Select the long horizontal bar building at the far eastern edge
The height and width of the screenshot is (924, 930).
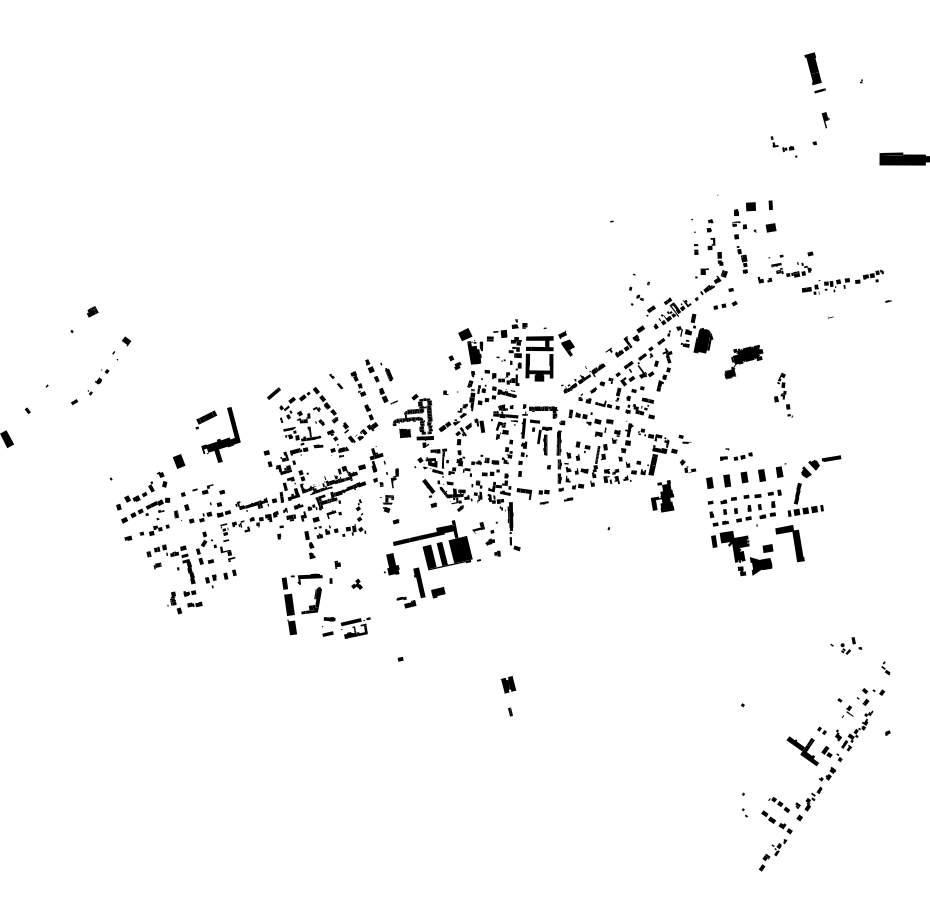(x=903, y=159)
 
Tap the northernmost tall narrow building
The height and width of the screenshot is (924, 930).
(x=812, y=69)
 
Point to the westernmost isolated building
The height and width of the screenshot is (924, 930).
(x=7, y=438)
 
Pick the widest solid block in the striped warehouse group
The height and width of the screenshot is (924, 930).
(x=460, y=550)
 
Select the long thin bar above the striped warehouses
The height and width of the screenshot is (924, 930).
(x=424, y=535)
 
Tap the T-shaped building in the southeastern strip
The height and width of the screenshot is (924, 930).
(x=803, y=749)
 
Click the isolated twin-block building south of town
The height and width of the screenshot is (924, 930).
(x=509, y=684)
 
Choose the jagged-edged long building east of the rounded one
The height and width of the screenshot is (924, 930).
(x=747, y=354)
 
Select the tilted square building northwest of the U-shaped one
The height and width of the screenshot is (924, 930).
(x=465, y=335)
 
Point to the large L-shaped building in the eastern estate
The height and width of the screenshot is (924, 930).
(x=797, y=543)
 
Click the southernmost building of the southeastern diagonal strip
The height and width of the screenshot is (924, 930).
(x=762, y=867)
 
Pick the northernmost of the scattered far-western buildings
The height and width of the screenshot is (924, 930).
(x=93, y=312)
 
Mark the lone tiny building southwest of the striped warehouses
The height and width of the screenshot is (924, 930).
(x=401, y=659)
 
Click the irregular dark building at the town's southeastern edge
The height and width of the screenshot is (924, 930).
(x=665, y=496)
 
